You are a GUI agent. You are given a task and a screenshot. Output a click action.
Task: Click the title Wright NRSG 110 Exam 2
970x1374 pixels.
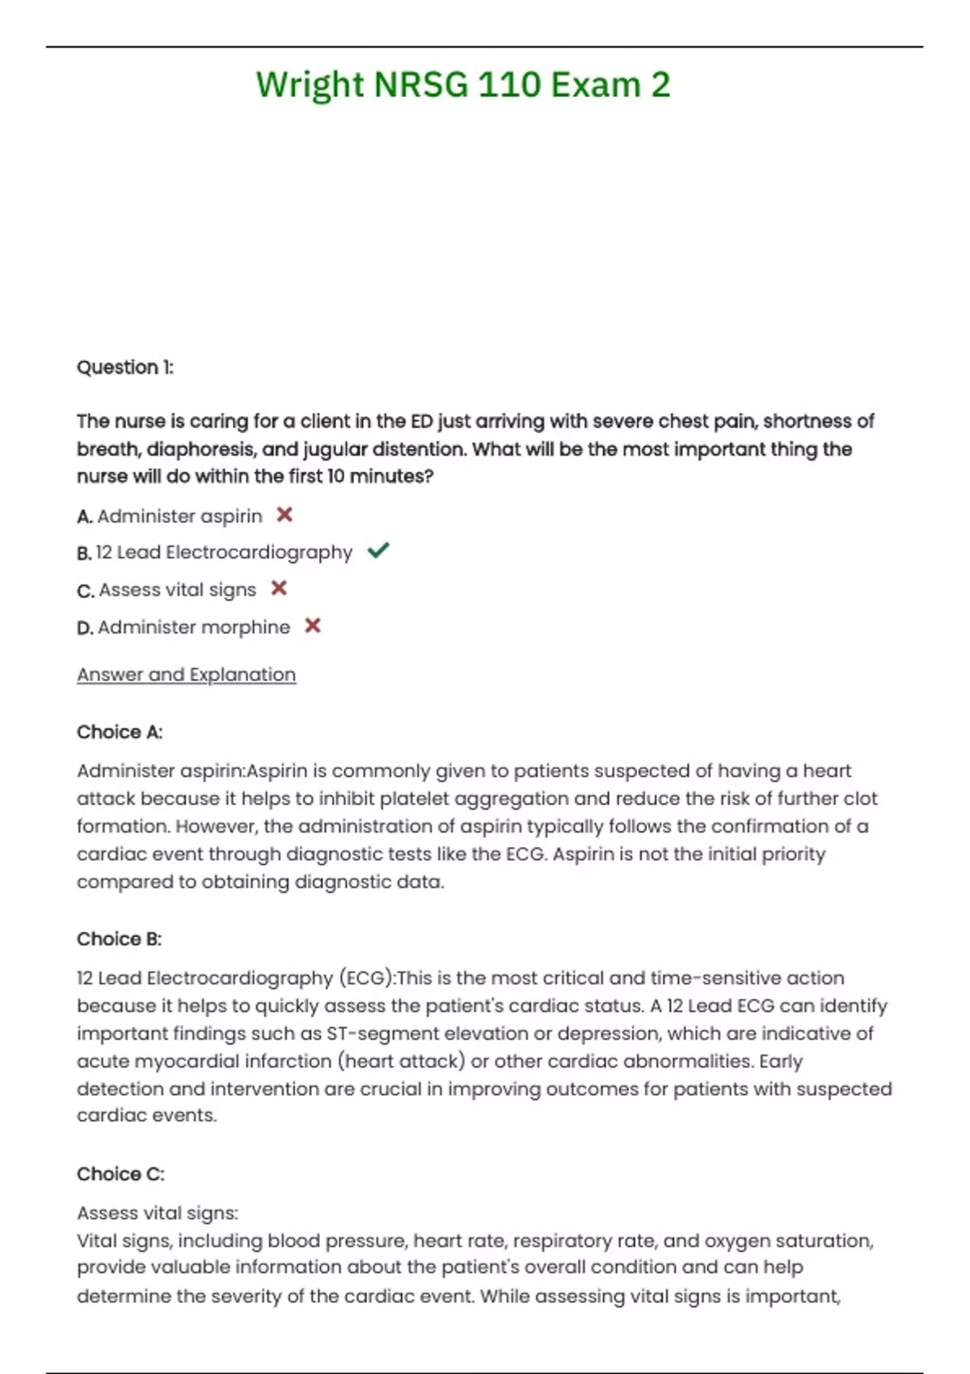tap(463, 85)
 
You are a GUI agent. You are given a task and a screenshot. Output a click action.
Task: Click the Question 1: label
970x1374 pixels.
tap(125, 368)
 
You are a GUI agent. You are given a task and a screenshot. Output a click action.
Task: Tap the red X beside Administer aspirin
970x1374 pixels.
tap(285, 515)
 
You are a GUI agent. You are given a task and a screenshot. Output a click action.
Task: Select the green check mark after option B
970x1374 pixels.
tap(378, 551)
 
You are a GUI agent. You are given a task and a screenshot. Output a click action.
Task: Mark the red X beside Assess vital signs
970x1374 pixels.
tap(279, 588)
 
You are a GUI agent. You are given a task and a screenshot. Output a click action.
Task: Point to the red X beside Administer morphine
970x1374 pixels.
tap(313, 626)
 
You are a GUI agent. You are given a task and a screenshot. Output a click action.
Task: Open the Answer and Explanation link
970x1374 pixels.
tap(186, 675)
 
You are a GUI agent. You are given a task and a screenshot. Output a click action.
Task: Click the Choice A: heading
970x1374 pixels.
tap(120, 732)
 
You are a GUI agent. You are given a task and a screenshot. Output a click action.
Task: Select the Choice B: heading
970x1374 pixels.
tap(120, 939)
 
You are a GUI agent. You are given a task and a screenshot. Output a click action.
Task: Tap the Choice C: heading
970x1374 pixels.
tap(120, 1174)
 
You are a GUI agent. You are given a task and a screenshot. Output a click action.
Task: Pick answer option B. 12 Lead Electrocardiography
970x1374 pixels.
tap(216, 553)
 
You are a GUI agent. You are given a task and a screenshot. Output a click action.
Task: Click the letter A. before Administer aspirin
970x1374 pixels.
tap(85, 516)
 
